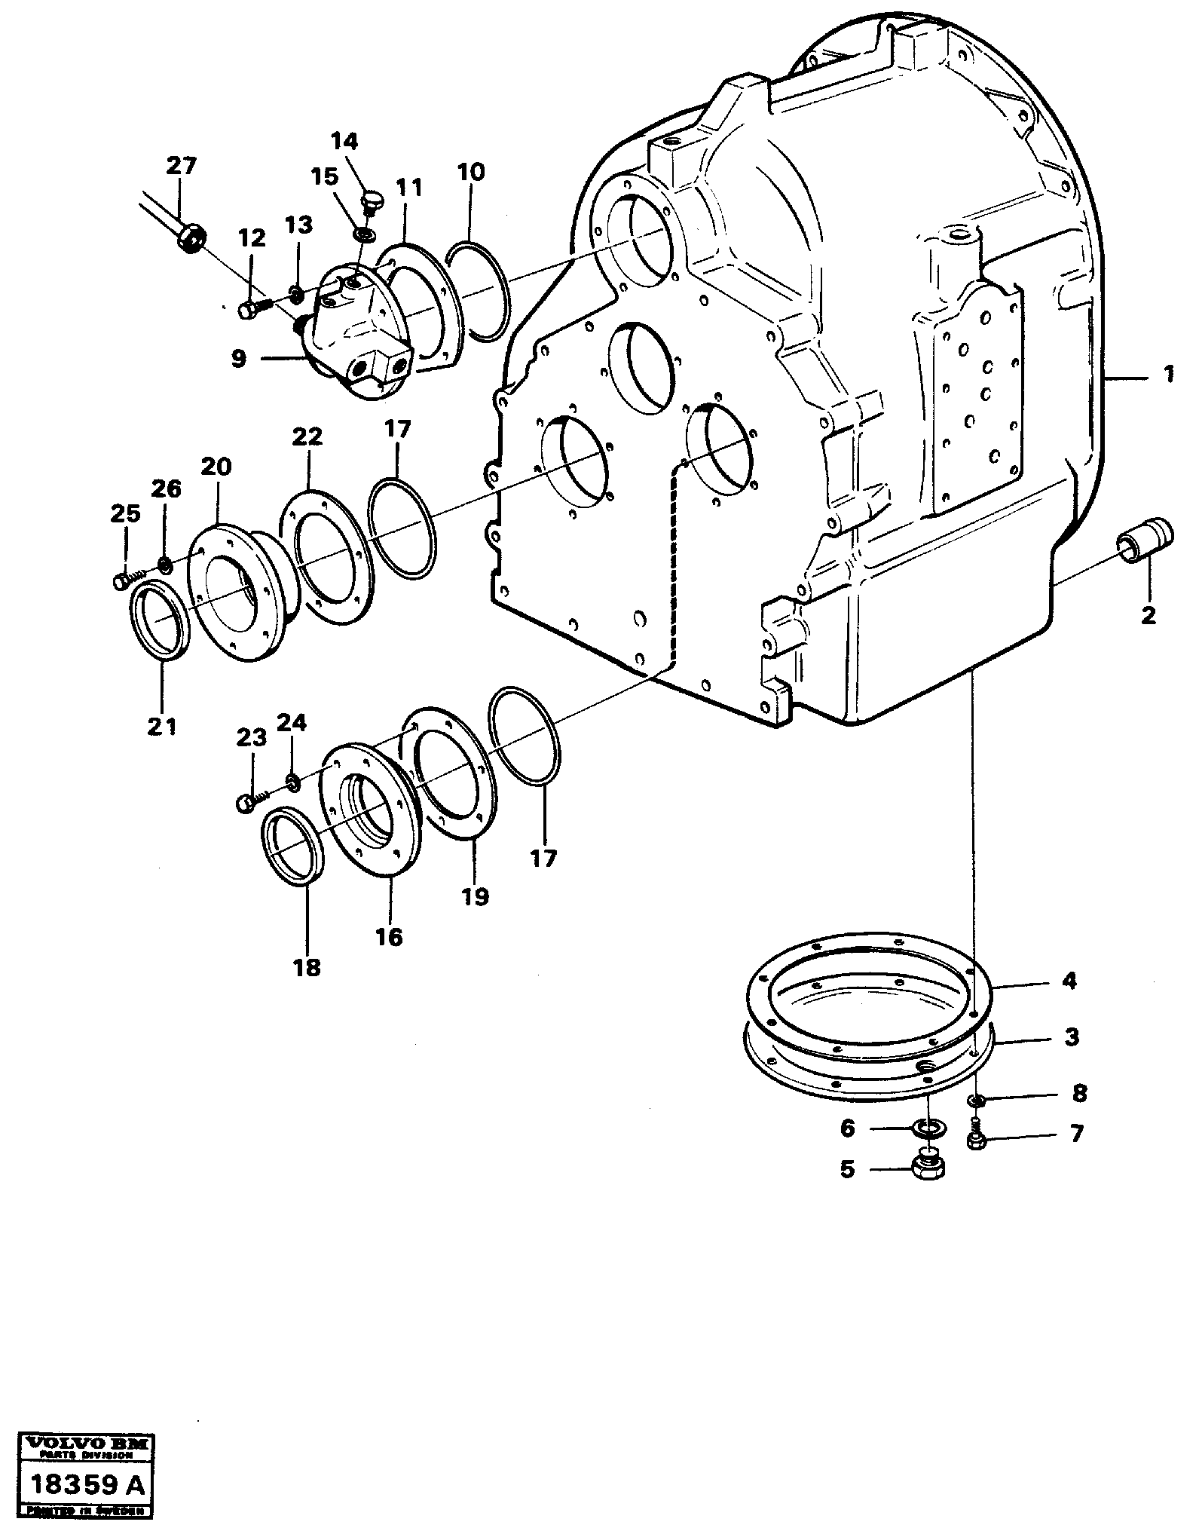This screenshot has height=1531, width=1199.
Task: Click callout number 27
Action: (181, 167)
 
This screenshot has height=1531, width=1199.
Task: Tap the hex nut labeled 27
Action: (191, 240)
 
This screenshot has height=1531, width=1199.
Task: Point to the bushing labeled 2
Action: (1145, 540)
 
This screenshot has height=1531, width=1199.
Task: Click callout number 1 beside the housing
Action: (1168, 375)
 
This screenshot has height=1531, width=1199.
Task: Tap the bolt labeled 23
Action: (249, 804)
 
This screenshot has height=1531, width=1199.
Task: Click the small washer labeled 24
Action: (292, 782)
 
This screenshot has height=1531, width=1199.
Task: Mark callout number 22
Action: (309, 437)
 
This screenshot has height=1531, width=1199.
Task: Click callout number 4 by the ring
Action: (1069, 981)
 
